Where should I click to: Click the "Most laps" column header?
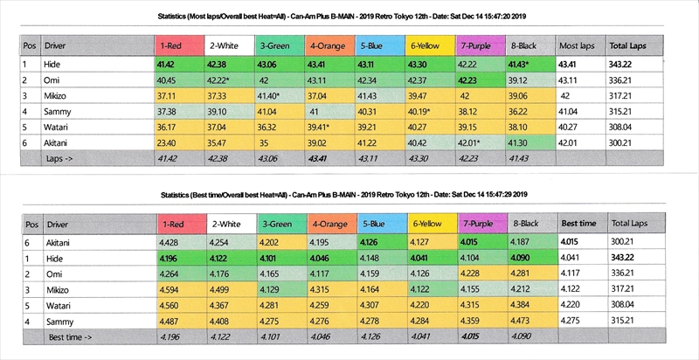click(577, 44)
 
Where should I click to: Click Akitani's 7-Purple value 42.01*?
click(473, 141)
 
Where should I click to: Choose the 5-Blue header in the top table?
click(372, 44)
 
